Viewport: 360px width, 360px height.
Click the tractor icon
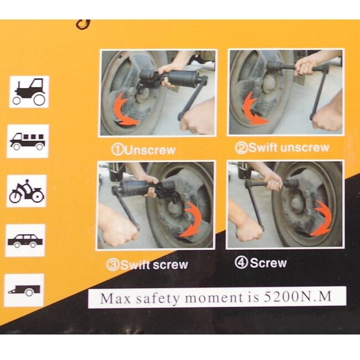29,92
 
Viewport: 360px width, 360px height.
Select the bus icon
28,141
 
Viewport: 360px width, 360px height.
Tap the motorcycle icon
27,191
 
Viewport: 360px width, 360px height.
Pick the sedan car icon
25,240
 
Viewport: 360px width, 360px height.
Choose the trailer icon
24,290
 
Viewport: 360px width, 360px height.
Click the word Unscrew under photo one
151,151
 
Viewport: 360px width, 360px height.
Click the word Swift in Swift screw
136,265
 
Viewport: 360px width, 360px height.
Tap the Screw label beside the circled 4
269,263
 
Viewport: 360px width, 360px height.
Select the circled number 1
117,150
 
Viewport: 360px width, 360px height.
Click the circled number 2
241,148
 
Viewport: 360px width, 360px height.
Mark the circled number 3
113,265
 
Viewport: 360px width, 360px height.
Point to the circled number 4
241,263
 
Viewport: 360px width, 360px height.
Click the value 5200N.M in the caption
298,297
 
